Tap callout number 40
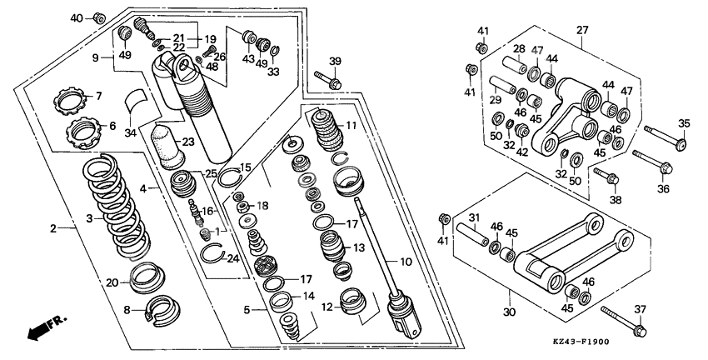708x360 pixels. (x=77, y=17)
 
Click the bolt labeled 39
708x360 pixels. (x=327, y=82)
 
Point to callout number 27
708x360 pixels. (x=581, y=31)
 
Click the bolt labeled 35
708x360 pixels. (x=662, y=142)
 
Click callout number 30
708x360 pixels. (x=510, y=312)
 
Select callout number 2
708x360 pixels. (x=54, y=228)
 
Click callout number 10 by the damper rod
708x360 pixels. (x=404, y=262)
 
